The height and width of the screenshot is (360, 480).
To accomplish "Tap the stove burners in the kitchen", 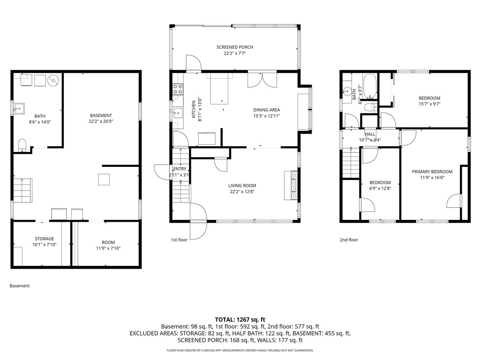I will (x=178, y=89).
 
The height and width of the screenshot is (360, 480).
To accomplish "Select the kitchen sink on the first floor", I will (x=178, y=112).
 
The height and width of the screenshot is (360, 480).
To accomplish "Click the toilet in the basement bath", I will (x=22, y=145).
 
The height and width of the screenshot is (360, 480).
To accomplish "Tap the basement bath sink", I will (x=19, y=109).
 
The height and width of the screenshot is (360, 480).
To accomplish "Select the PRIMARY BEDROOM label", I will (x=432, y=172).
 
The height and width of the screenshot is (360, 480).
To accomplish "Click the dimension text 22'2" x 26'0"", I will (x=101, y=121).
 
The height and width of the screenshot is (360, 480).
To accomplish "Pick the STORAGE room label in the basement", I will (x=44, y=239).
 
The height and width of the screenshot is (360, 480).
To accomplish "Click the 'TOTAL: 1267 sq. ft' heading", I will (x=240, y=319).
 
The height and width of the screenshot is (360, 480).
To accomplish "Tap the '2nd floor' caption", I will (x=349, y=240).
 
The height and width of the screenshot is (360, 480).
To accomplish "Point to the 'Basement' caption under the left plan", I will (x=20, y=285).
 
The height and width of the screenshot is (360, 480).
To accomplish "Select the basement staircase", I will (x=22, y=190).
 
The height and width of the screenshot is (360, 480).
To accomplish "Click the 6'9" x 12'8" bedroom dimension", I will (x=380, y=188).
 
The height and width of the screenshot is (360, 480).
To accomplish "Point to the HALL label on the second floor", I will (x=370, y=134).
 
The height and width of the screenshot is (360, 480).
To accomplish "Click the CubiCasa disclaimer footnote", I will (x=240, y=351).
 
